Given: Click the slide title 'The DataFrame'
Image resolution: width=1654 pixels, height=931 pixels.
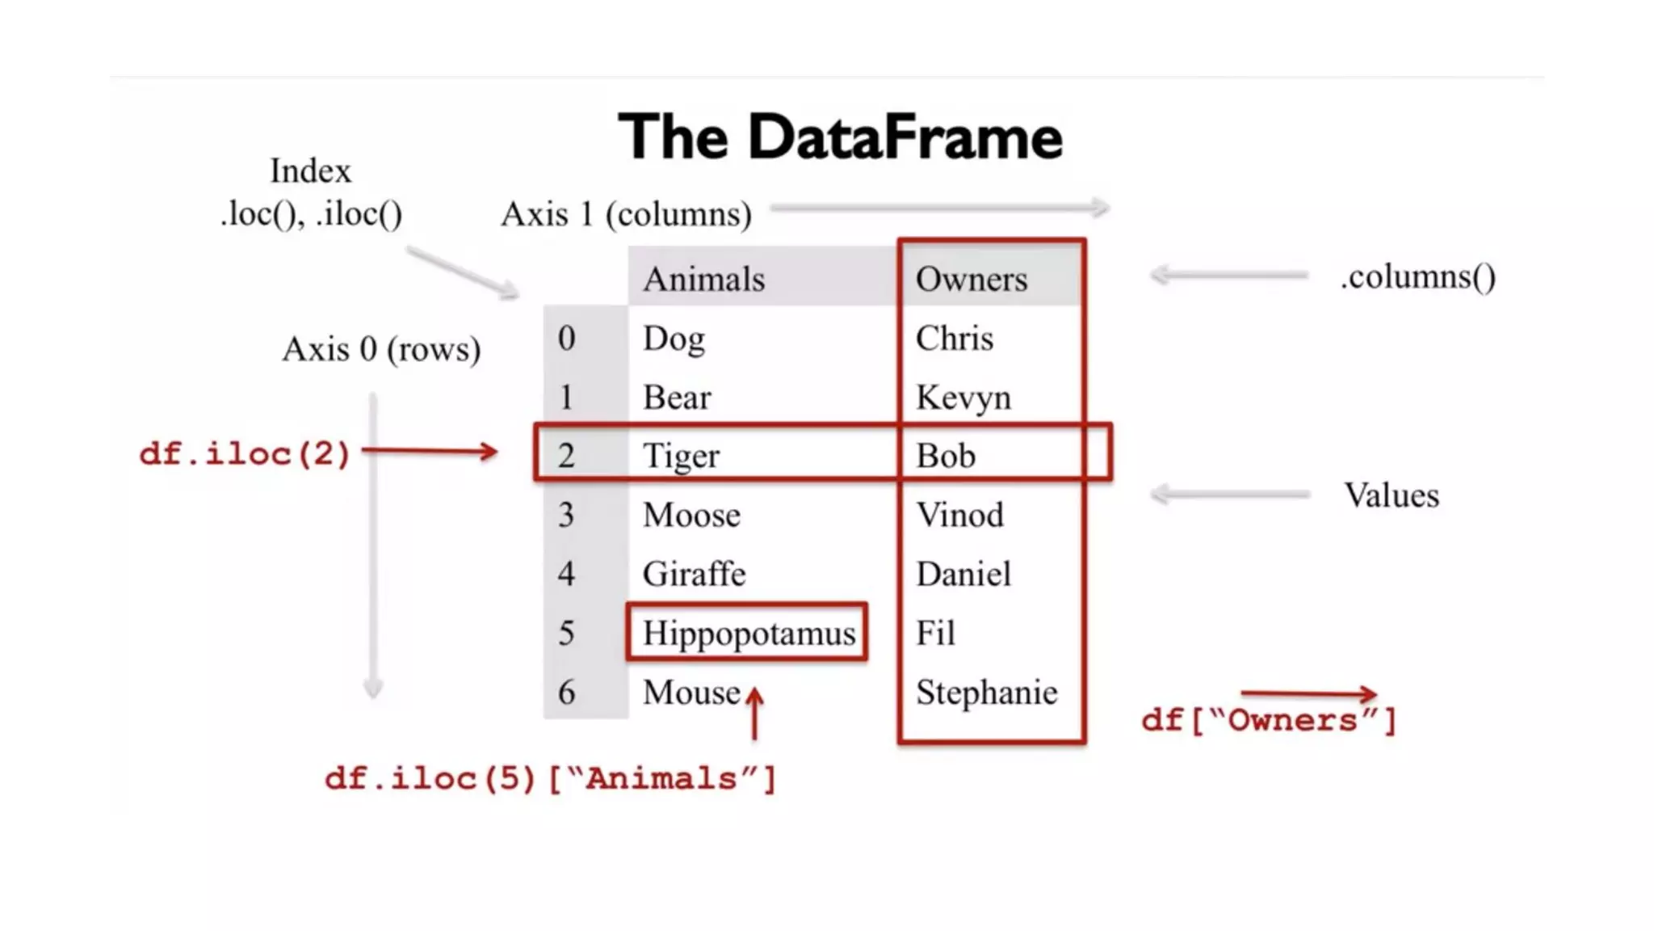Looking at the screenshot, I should [840, 137].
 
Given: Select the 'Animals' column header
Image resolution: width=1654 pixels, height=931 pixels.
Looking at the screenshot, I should [703, 279].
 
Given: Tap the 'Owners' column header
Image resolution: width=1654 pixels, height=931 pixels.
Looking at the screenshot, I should [971, 279].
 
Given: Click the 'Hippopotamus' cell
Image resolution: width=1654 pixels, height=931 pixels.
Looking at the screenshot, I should [748, 633].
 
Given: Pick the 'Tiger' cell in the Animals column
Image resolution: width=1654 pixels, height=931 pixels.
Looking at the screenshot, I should [680, 456].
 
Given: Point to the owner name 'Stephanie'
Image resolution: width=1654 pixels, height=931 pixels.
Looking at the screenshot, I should [986, 693].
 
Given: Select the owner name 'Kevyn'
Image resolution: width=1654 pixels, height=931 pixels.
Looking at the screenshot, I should [963, 398].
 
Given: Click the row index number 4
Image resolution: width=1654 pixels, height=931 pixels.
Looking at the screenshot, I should [566, 574].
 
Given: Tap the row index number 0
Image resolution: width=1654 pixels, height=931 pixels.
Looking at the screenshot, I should [566, 338].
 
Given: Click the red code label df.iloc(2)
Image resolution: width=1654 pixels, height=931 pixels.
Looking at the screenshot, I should [245, 453].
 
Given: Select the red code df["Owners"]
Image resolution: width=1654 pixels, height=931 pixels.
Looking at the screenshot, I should [1268, 720].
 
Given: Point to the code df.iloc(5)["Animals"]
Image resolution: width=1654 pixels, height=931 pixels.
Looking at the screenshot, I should [550, 779].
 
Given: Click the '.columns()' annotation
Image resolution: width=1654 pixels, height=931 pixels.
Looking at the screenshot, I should [1417, 277].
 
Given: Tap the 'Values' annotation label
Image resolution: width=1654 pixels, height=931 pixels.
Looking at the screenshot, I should [1391, 495].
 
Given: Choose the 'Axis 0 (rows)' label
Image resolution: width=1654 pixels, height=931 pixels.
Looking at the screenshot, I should [381, 349].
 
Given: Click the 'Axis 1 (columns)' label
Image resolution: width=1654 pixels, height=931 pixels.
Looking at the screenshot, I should [626, 215].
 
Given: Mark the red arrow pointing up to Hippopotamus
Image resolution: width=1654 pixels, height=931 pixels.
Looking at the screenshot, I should [754, 713].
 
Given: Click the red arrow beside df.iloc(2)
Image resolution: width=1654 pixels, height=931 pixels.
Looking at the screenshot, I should [430, 451].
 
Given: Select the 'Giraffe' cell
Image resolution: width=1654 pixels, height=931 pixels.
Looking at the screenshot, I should [694, 574].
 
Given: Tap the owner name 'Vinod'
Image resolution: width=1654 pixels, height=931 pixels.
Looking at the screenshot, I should [959, 515].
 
